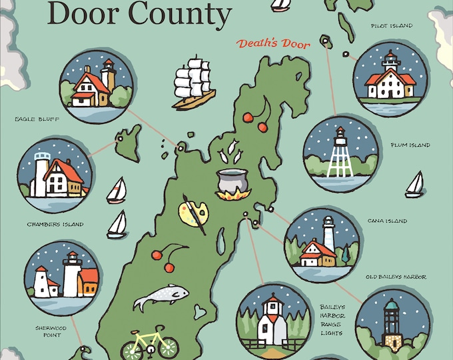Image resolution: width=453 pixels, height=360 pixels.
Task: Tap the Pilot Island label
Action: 392,26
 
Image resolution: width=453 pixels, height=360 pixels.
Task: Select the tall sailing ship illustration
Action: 193,83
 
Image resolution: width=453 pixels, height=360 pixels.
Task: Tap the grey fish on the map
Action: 161,297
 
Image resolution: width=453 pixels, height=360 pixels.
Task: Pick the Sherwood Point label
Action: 48,331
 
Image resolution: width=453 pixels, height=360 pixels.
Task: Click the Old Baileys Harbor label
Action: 396,276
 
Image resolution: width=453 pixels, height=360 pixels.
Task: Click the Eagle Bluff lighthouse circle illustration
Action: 96,87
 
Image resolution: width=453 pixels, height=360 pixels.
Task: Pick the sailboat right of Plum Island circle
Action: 414,185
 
